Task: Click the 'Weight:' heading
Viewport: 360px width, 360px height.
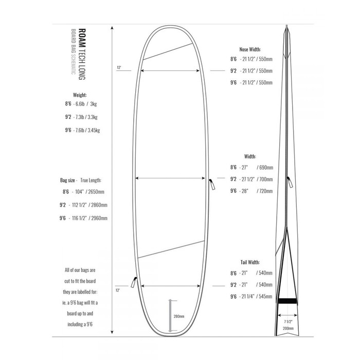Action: point(80,95)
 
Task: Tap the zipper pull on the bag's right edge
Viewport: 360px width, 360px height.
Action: point(211,183)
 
